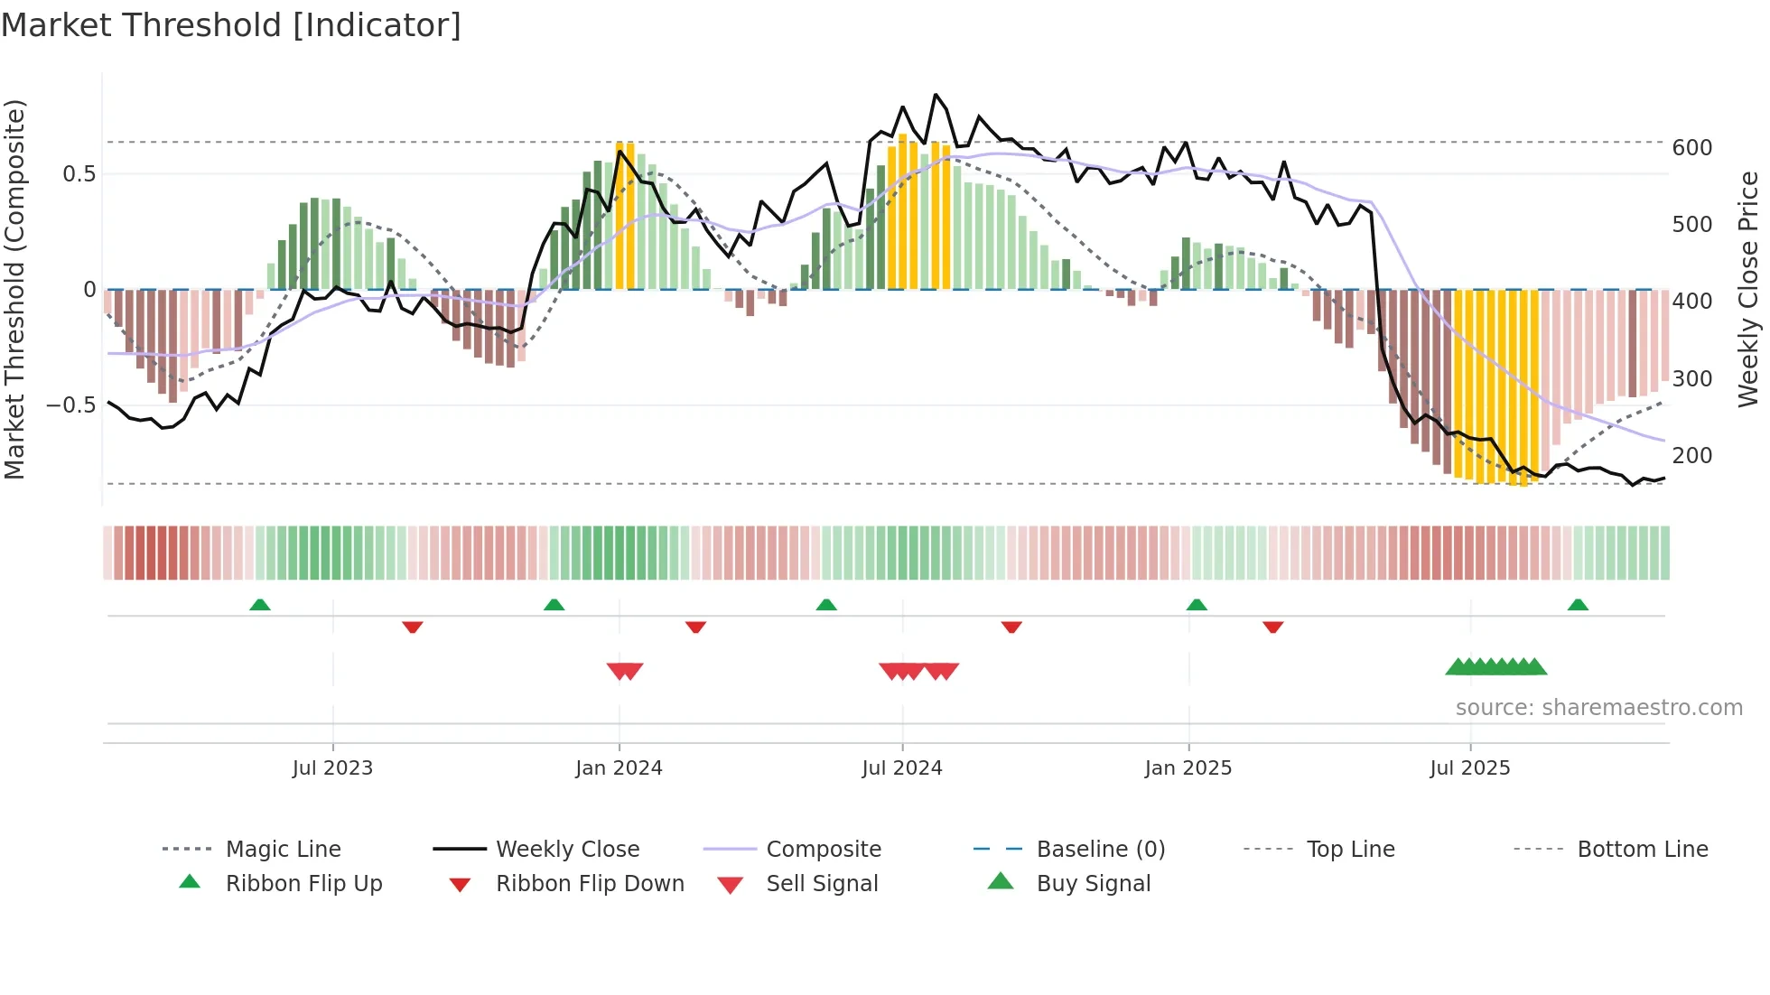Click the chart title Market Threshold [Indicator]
pos(231,25)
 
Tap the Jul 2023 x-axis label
pos(332,768)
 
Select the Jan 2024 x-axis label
pos(619,768)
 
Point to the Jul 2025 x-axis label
pos(1469,768)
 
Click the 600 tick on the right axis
pos(1691,148)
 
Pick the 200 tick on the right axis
pos(1691,456)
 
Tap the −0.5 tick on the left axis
pos(71,405)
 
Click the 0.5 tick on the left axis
pos(79,174)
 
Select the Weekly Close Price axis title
pos(1748,289)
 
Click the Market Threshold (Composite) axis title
pos(14,289)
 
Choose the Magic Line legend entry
pos(283,850)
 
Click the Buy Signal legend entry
pos(1093,884)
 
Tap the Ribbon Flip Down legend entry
pos(589,884)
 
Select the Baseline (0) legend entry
pos(1100,850)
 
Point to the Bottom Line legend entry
pos(1642,850)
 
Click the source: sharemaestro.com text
pos(1598,708)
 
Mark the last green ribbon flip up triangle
pos(1578,605)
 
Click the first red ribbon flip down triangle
pos(413,627)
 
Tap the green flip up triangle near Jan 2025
pos(1197,605)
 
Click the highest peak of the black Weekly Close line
pos(936,95)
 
